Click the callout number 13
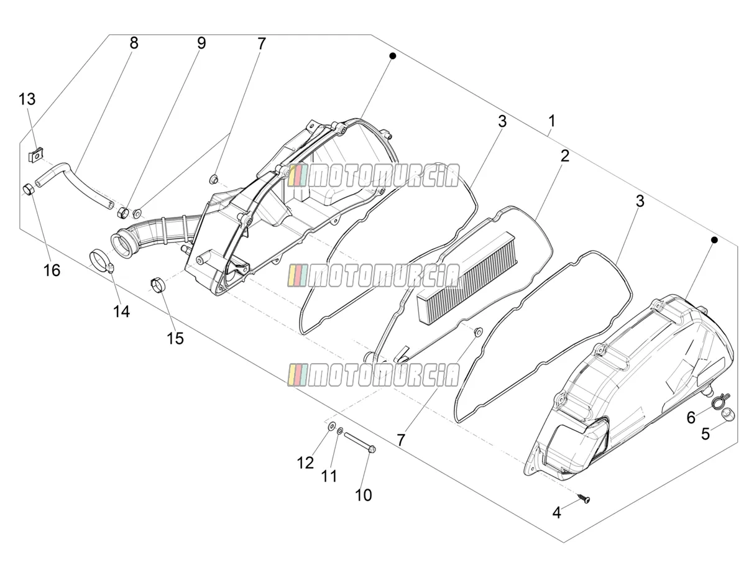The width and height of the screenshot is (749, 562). [x=27, y=99]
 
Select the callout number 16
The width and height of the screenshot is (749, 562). [x=52, y=270]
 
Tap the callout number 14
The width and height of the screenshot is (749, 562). [x=121, y=311]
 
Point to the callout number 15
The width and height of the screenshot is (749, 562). [x=175, y=338]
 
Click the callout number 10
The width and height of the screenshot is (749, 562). [x=363, y=495]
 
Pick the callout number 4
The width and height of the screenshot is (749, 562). [x=556, y=512]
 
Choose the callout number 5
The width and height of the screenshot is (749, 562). [x=705, y=434]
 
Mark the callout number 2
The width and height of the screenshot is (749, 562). [x=565, y=156]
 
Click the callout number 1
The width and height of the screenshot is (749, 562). [x=552, y=121]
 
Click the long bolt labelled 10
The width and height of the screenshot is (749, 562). [x=361, y=443]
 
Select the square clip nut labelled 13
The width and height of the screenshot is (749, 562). [x=35, y=155]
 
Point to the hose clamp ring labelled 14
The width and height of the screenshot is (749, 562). [x=102, y=261]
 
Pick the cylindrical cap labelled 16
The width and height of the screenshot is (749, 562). [x=29, y=189]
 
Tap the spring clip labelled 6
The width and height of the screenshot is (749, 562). [x=720, y=402]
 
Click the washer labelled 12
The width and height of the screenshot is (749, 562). [x=331, y=426]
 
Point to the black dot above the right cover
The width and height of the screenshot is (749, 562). [x=714, y=240]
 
